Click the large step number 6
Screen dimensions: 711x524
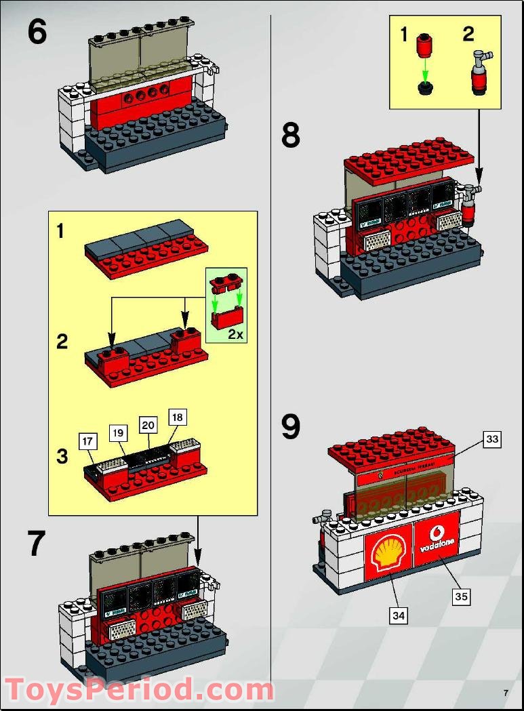click(x=38, y=32)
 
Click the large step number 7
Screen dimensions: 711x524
click(x=37, y=543)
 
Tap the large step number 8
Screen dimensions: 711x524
click(x=291, y=136)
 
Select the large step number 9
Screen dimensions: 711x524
click(x=291, y=427)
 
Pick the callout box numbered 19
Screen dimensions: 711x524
click(x=118, y=432)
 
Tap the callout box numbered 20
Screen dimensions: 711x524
click(x=148, y=424)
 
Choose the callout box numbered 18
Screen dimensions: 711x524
click(x=177, y=418)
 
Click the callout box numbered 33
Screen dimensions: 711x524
click(x=492, y=439)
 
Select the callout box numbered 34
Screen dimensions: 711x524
click(x=399, y=615)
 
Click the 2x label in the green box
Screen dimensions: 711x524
click(x=235, y=334)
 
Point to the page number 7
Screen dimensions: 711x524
click(x=506, y=692)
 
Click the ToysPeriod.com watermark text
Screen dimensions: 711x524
click(x=139, y=689)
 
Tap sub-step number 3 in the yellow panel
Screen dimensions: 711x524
click(x=62, y=456)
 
